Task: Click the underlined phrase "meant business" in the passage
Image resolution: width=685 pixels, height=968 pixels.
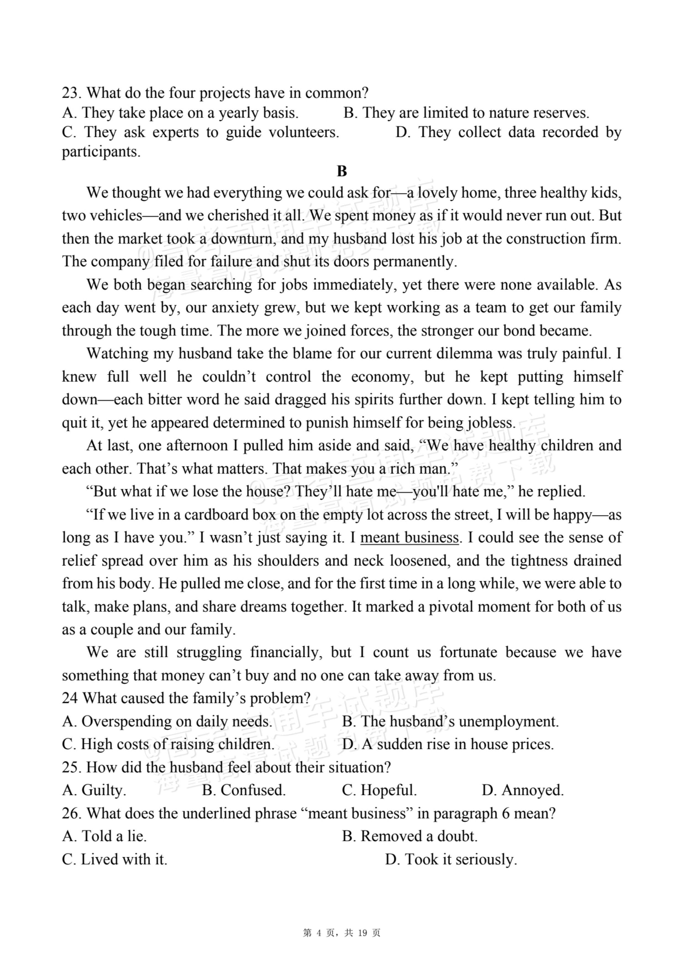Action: (x=409, y=538)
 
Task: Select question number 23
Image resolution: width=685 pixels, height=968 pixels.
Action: (x=72, y=93)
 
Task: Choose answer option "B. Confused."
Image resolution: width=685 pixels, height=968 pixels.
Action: (x=244, y=790)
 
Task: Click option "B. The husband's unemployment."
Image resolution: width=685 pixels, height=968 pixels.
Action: (x=450, y=721)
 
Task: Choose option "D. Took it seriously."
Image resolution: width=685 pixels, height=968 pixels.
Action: (x=451, y=859)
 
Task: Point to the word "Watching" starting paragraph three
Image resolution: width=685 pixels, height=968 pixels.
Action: (x=118, y=353)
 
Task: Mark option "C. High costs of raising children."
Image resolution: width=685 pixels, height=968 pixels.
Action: (x=168, y=744)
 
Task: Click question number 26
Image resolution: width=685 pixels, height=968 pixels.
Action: (x=72, y=813)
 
